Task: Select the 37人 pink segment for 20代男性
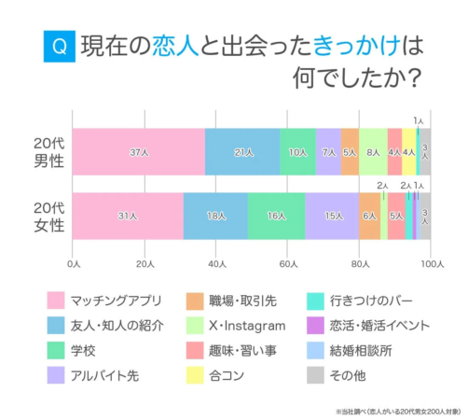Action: pos(138,151)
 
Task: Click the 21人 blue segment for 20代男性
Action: pos(242,151)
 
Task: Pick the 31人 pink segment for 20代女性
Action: pos(128,215)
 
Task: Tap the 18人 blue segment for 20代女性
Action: pos(215,215)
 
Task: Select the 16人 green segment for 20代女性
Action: pos(276,215)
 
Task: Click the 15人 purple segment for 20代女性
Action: pos(332,215)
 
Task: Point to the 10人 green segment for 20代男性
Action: pos(297,151)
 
